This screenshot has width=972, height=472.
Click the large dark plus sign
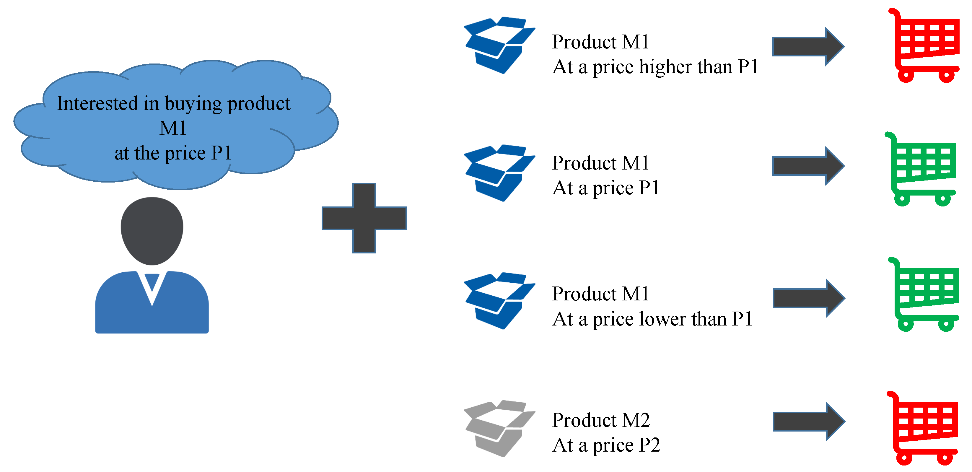pos(364,218)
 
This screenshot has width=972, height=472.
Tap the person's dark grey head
pos(152,230)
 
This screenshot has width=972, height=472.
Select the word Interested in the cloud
pos(97,103)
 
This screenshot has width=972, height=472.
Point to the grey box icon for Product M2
pos(499,428)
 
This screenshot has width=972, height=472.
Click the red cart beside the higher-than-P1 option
pos(926,45)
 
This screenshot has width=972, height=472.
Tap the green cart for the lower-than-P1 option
pos(926,294)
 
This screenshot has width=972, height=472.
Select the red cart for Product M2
pos(924,428)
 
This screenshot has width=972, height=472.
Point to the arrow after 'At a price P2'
pos(809,421)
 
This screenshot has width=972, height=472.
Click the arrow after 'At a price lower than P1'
pos(809,298)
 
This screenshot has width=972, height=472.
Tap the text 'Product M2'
pos(601,420)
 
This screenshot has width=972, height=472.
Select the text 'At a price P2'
pos(606,445)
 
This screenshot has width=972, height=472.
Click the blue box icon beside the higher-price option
pos(499,45)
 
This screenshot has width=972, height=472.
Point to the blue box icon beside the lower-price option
pos(499,301)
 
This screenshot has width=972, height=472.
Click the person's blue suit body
pos(152,306)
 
